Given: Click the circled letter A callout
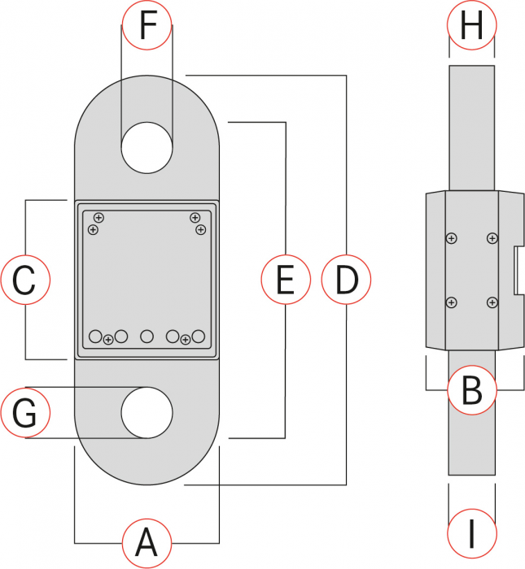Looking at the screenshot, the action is (147, 543).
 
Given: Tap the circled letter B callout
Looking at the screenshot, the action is (472, 390).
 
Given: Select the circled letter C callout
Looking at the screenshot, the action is (25, 280).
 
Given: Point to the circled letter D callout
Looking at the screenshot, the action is (346, 280).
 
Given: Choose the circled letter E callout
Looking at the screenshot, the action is (286, 280).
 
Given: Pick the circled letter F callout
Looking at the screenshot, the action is (147, 25).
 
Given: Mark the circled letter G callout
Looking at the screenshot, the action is (25, 413).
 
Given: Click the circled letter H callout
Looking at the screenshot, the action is (472, 25).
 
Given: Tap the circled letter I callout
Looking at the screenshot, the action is (472, 534).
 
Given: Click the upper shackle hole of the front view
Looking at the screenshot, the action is (147, 148).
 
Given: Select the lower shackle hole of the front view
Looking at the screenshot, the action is (147, 413).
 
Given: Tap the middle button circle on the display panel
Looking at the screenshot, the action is (147, 337).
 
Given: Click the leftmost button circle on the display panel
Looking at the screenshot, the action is (95, 337).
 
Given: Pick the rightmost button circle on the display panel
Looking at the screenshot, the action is (199, 337).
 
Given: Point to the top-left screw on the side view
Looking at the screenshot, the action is (451, 238).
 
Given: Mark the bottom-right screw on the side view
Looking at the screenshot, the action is (492, 302).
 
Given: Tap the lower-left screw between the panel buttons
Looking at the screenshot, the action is (108, 340).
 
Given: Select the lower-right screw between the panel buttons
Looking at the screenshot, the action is (186, 340).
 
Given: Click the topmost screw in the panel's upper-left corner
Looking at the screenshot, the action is (98, 218).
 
